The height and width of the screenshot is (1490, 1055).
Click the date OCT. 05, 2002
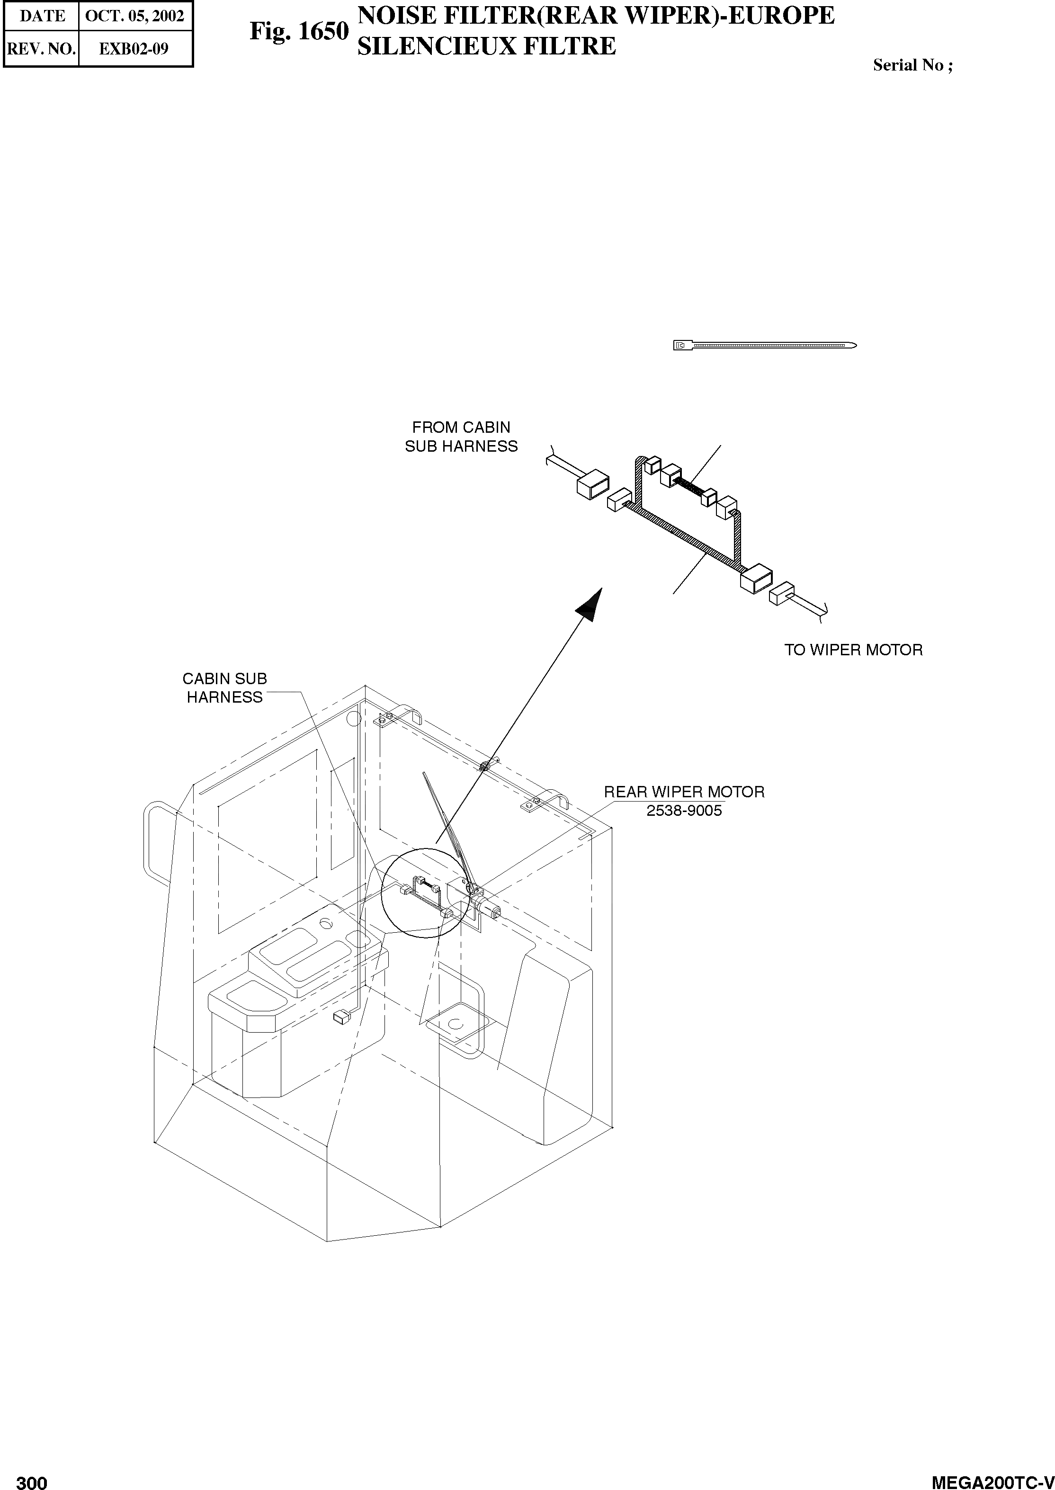point(134,16)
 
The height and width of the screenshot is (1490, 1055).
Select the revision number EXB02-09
point(134,49)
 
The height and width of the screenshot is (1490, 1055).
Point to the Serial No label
point(912,65)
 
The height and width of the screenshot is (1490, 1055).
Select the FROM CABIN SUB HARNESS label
point(461,437)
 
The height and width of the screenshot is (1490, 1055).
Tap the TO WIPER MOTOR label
point(853,650)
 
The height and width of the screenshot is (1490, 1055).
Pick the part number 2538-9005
point(684,811)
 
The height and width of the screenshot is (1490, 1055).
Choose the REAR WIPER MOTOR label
point(684,792)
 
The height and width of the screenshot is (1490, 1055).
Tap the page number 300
point(32,1478)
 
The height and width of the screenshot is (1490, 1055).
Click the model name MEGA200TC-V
point(992,1478)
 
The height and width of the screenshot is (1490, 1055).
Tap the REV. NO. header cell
point(41,49)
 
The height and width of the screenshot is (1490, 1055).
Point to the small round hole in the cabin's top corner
point(353,718)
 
